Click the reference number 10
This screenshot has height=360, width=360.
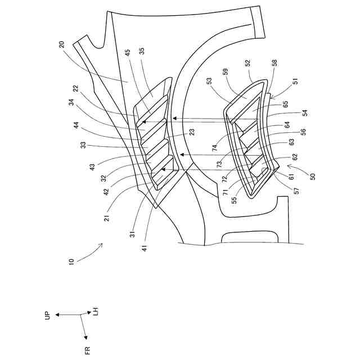(x=71, y=263)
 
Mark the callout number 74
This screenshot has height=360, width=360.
(x=215, y=147)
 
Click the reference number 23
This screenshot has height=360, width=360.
(x=191, y=132)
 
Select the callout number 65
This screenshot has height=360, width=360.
(x=286, y=104)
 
